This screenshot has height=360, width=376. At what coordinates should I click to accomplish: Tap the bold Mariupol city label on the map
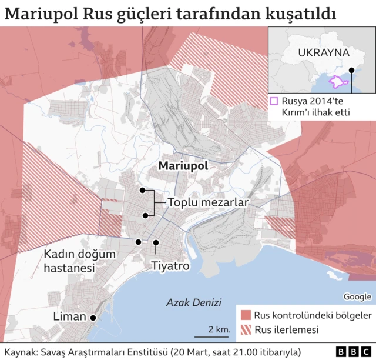point(183,166)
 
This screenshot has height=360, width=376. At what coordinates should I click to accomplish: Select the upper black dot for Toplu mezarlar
point(142,190)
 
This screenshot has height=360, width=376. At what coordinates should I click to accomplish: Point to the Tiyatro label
point(170,266)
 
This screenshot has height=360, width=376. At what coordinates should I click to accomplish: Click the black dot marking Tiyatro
point(156,242)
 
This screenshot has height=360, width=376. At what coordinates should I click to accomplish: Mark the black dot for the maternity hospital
point(138,242)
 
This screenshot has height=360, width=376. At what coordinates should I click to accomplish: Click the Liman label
point(69,317)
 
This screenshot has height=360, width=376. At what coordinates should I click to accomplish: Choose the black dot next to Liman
point(93,318)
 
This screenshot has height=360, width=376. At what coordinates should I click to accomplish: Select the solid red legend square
point(245,315)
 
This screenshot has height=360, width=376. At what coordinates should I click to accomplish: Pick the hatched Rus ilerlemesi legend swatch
point(245,329)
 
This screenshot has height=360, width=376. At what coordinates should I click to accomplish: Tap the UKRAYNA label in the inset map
point(323,52)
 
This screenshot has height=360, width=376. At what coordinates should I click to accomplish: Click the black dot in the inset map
point(351,70)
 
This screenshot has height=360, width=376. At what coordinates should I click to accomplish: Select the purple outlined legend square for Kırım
point(274,101)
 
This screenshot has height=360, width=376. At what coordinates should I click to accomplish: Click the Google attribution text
point(357,296)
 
